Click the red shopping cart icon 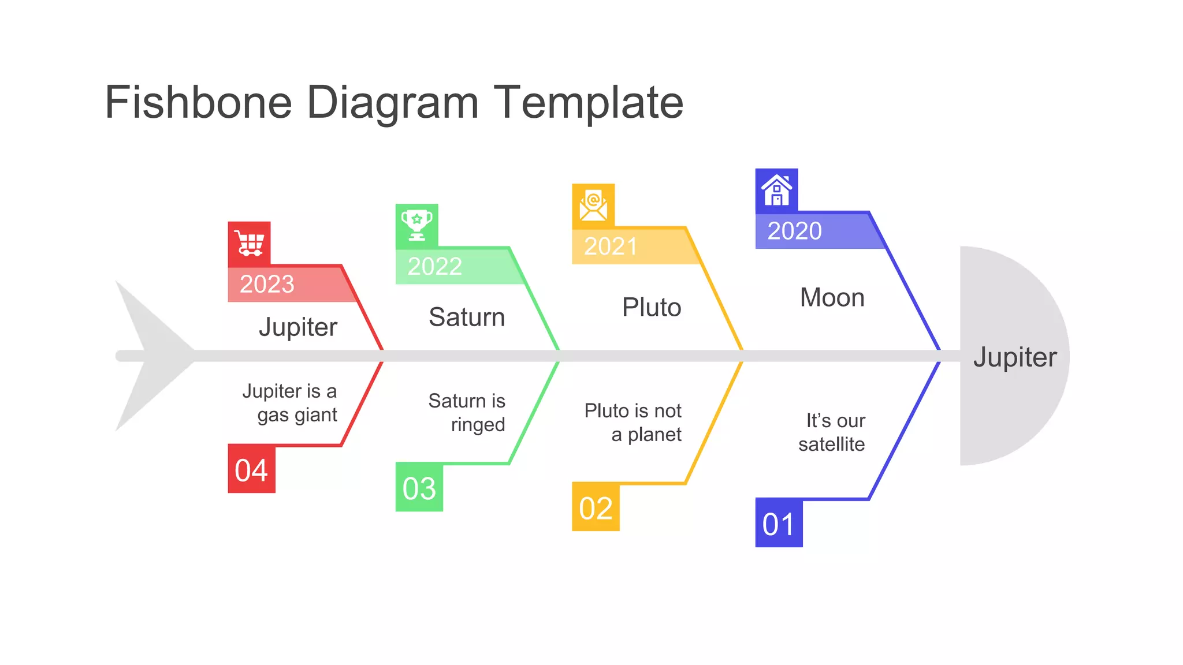[249, 244]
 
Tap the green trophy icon [416, 225]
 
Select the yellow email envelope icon [593, 206]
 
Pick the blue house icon [776, 190]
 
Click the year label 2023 [267, 284]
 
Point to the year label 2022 [435, 266]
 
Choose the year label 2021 [611, 246]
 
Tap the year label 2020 [794, 231]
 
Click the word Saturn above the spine [467, 317]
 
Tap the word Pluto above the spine [652, 307]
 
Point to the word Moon [832, 298]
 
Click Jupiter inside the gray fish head [1015, 357]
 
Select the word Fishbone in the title [198, 102]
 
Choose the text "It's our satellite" [832, 432]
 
